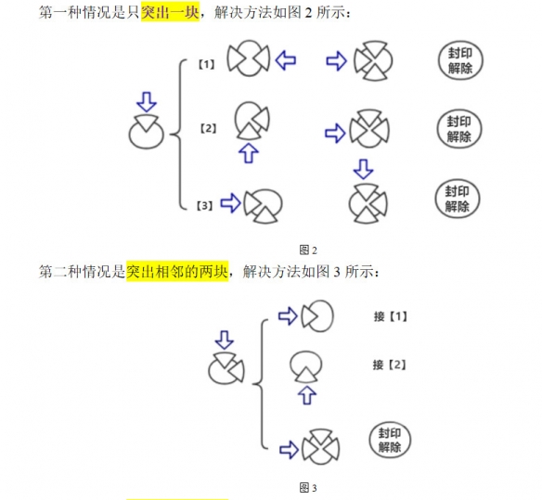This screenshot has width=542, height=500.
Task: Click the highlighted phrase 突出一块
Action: point(170,12)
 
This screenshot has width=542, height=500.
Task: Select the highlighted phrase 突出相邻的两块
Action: point(177,272)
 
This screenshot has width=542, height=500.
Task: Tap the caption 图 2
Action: point(308,250)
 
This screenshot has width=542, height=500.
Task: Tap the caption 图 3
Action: point(308,488)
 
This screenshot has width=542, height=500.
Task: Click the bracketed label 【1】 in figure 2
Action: point(206,65)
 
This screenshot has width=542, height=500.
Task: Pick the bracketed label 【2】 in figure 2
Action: point(209,129)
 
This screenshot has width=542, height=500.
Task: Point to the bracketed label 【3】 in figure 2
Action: point(204,206)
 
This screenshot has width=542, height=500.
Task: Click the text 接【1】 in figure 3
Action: point(391,316)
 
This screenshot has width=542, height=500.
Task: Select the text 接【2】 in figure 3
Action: point(390,365)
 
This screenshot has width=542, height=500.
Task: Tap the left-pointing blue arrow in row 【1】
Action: point(286,60)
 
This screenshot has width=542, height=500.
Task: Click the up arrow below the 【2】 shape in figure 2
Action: point(249,153)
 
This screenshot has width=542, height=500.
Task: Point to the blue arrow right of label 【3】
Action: point(230,203)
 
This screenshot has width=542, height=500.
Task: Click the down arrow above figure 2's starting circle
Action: point(147,102)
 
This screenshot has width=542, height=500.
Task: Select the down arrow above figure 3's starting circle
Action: point(225,340)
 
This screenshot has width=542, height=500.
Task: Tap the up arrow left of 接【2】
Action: point(307,395)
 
